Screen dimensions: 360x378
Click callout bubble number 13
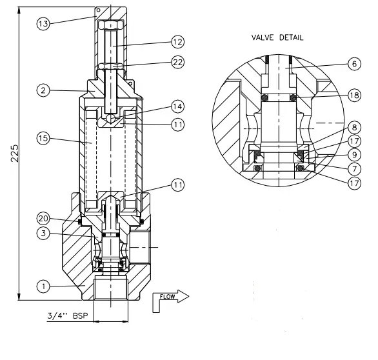[43, 23]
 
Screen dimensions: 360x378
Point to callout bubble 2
[43, 91]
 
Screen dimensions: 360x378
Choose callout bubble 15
[43, 138]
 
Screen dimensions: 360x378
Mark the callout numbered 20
[43, 217]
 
